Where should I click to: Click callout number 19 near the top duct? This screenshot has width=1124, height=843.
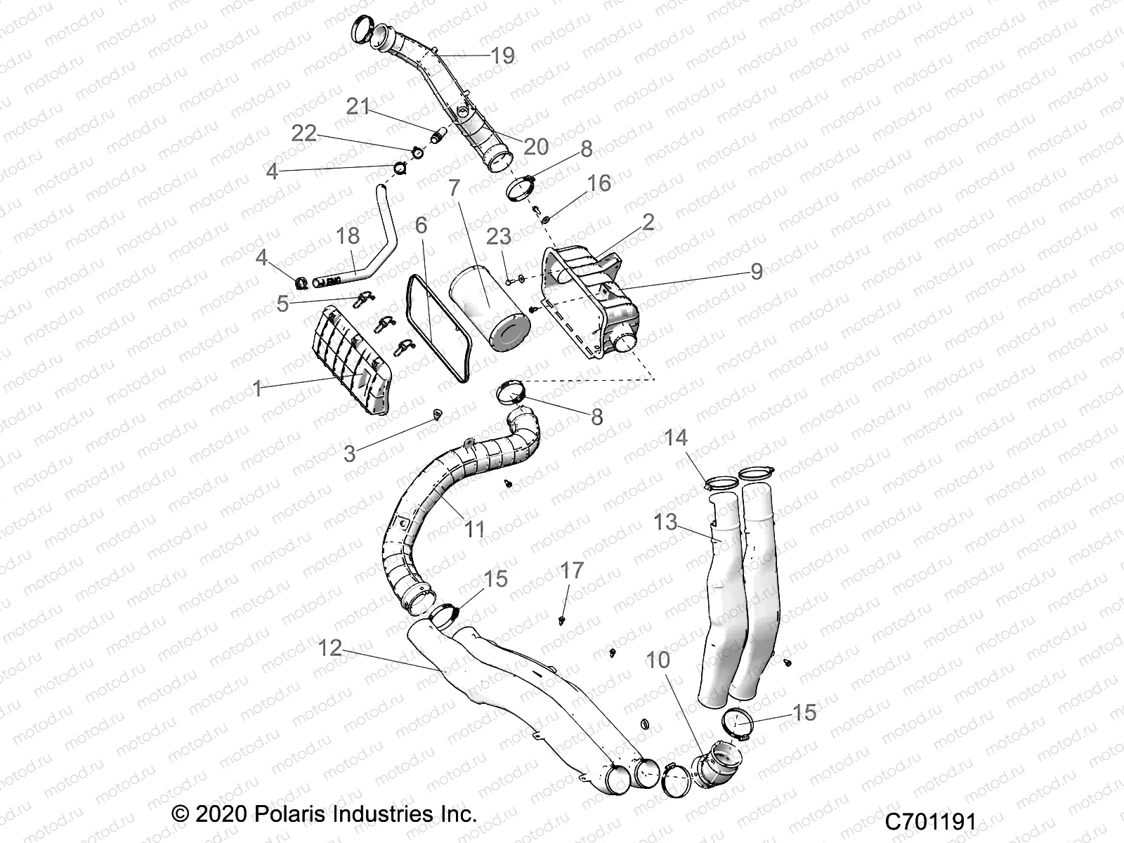(x=503, y=55)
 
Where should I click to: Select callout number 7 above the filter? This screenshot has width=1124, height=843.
(x=455, y=188)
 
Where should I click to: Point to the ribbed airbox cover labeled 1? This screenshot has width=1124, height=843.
(x=349, y=358)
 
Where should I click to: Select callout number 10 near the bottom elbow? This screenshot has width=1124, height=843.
(x=658, y=660)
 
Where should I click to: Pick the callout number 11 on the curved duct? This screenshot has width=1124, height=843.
(x=476, y=528)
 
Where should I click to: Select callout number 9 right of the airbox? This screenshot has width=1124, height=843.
(x=756, y=271)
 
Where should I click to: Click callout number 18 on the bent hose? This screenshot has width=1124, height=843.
(x=348, y=236)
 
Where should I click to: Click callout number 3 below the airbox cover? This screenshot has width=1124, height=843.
(x=349, y=454)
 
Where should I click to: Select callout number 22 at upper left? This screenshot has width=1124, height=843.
(x=304, y=133)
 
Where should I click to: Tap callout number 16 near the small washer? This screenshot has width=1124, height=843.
(x=599, y=183)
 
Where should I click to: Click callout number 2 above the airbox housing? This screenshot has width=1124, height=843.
(x=648, y=222)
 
